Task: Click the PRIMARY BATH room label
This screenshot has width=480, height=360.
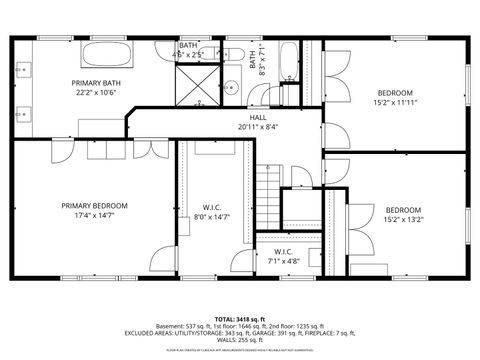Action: click(96, 83)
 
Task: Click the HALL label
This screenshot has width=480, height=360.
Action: click(258, 117)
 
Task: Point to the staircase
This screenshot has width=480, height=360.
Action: click(265, 189)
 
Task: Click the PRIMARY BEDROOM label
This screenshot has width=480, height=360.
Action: click(94, 205)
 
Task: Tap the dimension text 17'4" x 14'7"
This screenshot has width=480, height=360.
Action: click(94, 216)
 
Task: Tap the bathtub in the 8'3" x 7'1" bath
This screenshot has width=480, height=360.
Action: click(288, 63)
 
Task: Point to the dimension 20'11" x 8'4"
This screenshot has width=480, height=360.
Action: click(258, 127)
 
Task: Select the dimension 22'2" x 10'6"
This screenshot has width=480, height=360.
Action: click(96, 93)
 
